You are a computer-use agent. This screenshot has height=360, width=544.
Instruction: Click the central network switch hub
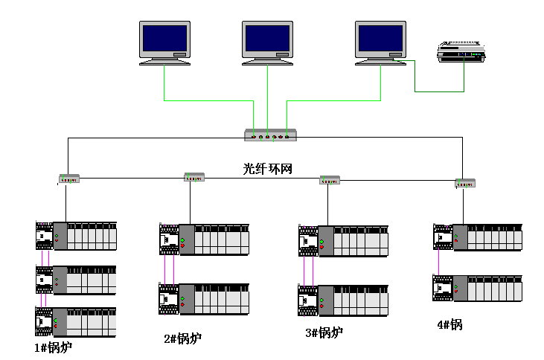tap(271, 135)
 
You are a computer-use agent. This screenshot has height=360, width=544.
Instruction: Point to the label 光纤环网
tap(268, 169)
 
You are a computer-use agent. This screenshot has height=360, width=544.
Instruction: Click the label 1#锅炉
tap(54, 347)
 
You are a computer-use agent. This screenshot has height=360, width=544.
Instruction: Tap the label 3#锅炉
tap(324, 333)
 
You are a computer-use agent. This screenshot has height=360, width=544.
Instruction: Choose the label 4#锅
tap(449, 325)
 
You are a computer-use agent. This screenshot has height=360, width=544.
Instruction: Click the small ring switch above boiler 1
tap(68, 179)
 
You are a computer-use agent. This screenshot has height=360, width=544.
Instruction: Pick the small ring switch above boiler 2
tap(194, 177)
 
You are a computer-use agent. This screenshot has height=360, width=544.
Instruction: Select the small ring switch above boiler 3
tap(330, 179)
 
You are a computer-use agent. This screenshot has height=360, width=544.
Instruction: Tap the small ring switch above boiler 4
tap(465, 182)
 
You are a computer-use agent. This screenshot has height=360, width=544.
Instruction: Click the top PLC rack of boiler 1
tap(76, 236)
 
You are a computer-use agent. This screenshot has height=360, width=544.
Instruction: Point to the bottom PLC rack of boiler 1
tap(76, 322)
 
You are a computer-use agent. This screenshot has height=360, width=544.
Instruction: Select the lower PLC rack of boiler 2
tap(204, 298)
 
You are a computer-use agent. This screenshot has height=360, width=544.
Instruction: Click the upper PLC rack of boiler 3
tap(342, 241)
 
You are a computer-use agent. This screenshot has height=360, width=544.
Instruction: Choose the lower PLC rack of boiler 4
tap(478, 289)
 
